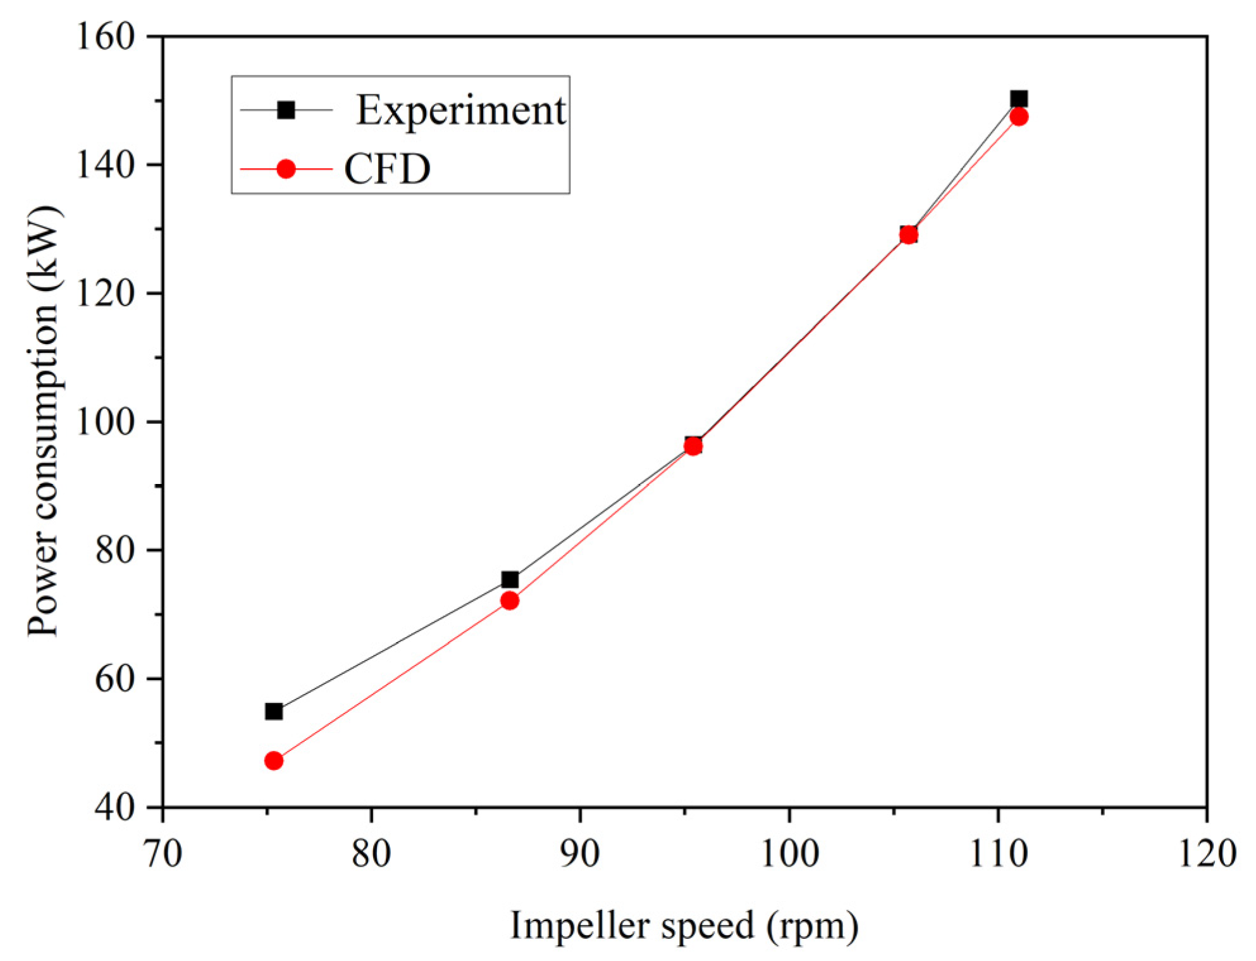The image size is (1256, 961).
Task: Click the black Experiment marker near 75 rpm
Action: [x=273, y=711]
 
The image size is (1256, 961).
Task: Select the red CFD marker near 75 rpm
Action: [x=273, y=760]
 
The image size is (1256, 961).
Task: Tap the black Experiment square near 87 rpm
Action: [x=510, y=580]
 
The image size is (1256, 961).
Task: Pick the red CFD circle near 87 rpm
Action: [x=509, y=600]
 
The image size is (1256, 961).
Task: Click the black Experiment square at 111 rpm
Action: [x=1019, y=99]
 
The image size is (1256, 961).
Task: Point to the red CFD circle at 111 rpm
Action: [x=1019, y=116]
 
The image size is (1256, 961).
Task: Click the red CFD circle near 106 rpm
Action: [x=908, y=235]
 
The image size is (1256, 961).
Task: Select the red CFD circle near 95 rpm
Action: [x=693, y=447]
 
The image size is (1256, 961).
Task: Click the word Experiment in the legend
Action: [x=460, y=110]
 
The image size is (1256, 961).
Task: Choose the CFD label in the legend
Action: [x=387, y=169]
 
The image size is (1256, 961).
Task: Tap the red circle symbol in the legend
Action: [x=286, y=169]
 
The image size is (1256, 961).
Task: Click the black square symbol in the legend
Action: [x=286, y=110]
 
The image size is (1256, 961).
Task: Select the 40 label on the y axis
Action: [x=114, y=807]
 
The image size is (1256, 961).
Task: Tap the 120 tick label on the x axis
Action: [x=1207, y=853]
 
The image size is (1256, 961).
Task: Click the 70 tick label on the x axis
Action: [x=163, y=853]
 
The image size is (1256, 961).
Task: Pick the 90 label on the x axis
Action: [x=580, y=853]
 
